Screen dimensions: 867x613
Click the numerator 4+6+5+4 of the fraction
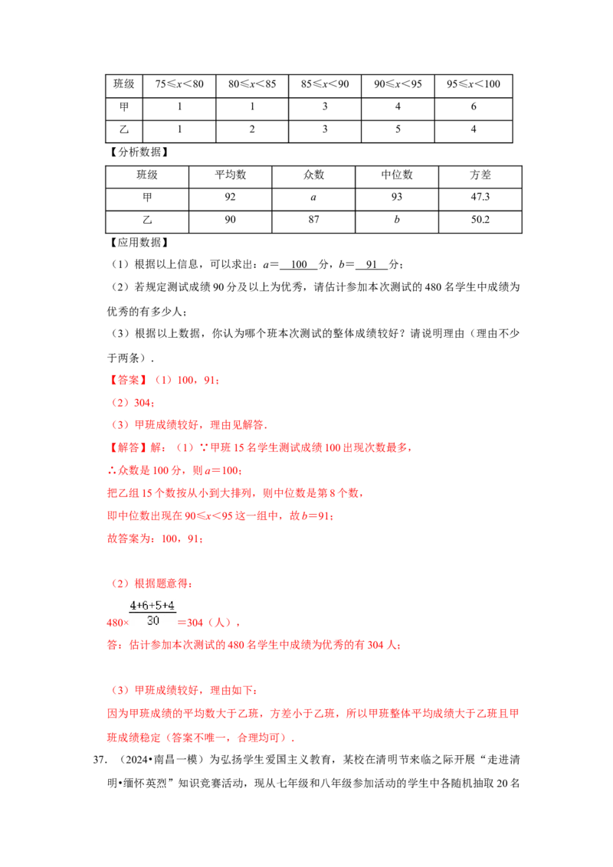pyautogui.click(x=152, y=604)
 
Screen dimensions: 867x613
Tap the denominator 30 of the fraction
pyautogui.click(x=152, y=621)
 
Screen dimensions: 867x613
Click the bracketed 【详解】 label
pyautogui.click(x=123, y=447)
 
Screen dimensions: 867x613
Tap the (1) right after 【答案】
pyautogui.click(x=162, y=379)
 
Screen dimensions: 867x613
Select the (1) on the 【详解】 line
pyautogui.click(x=185, y=447)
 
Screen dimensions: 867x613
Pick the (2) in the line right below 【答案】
pyautogui.click(x=120, y=402)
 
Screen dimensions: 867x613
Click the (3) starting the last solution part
pyautogui.click(x=120, y=690)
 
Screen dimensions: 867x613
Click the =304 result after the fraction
pyautogui.click(x=192, y=623)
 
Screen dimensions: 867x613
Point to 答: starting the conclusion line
pyautogui.click(x=110, y=646)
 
